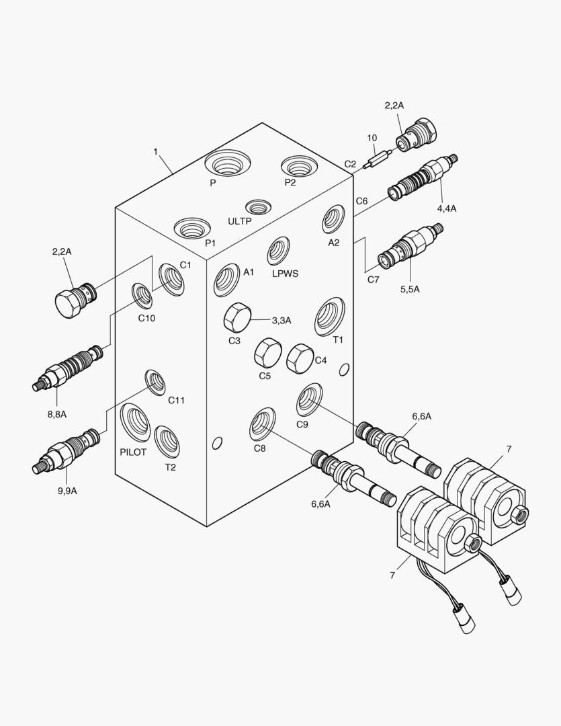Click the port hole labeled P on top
tap(227, 163)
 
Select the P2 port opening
tap(299, 165)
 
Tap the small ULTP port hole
tap(257, 206)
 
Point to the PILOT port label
tap(133, 452)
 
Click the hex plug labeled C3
tap(236, 317)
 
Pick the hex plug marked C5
tap(267, 352)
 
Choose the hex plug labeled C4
tap(299, 358)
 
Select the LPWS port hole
tap(278, 251)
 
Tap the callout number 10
tap(372, 138)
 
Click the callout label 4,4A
tap(447, 208)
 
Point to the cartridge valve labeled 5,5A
tap(408, 247)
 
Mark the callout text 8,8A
tap(56, 414)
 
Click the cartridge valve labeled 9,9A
tap(67, 450)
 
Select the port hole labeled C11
tap(156, 382)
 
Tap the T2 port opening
tap(167, 441)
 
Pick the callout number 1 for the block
tap(155, 152)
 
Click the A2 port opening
tap(333, 219)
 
